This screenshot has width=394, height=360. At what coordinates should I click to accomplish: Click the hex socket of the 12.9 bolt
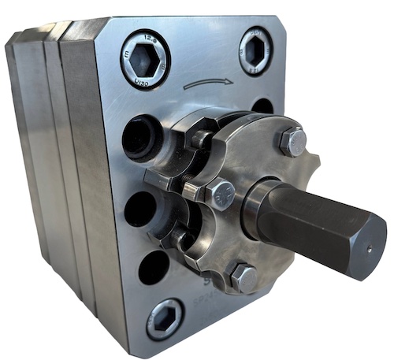tap(145, 58)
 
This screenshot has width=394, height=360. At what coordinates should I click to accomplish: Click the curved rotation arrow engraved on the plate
tap(208, 82)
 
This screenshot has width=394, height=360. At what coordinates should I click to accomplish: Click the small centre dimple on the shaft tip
tap(369, 245)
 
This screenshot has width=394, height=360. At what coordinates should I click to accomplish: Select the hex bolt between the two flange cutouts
tap(220, 193)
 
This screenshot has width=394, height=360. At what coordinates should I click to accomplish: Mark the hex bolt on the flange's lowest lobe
tap(243, 277)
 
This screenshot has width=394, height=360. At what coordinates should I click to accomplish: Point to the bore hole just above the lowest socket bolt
tap(153, 266)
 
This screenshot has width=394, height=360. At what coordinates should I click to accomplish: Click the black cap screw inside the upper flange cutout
tap(201, 139)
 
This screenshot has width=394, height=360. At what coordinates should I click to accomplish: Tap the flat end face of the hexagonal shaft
tap(369, 246)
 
